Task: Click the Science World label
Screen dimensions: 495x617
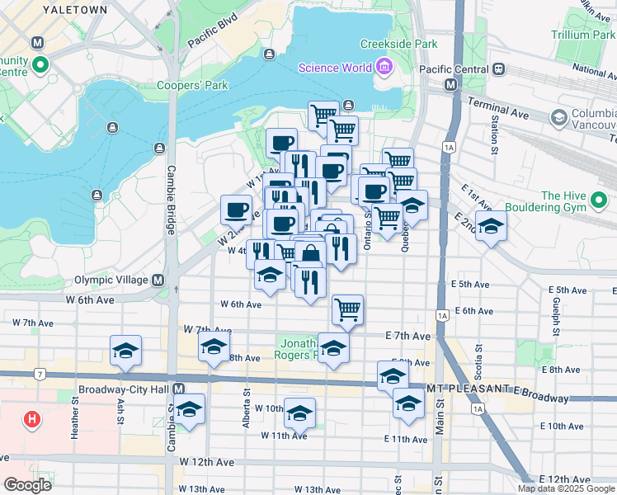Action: coord(335,68)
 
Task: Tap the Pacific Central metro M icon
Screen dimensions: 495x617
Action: coord(451,85)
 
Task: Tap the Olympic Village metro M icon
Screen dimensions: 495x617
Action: coord(180,280)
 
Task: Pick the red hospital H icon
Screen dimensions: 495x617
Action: coord(32,419)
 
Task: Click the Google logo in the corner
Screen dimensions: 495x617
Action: coord(27,485)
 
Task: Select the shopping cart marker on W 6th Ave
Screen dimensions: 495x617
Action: coord(348,311)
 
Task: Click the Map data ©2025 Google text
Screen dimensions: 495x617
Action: coord(567,488)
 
